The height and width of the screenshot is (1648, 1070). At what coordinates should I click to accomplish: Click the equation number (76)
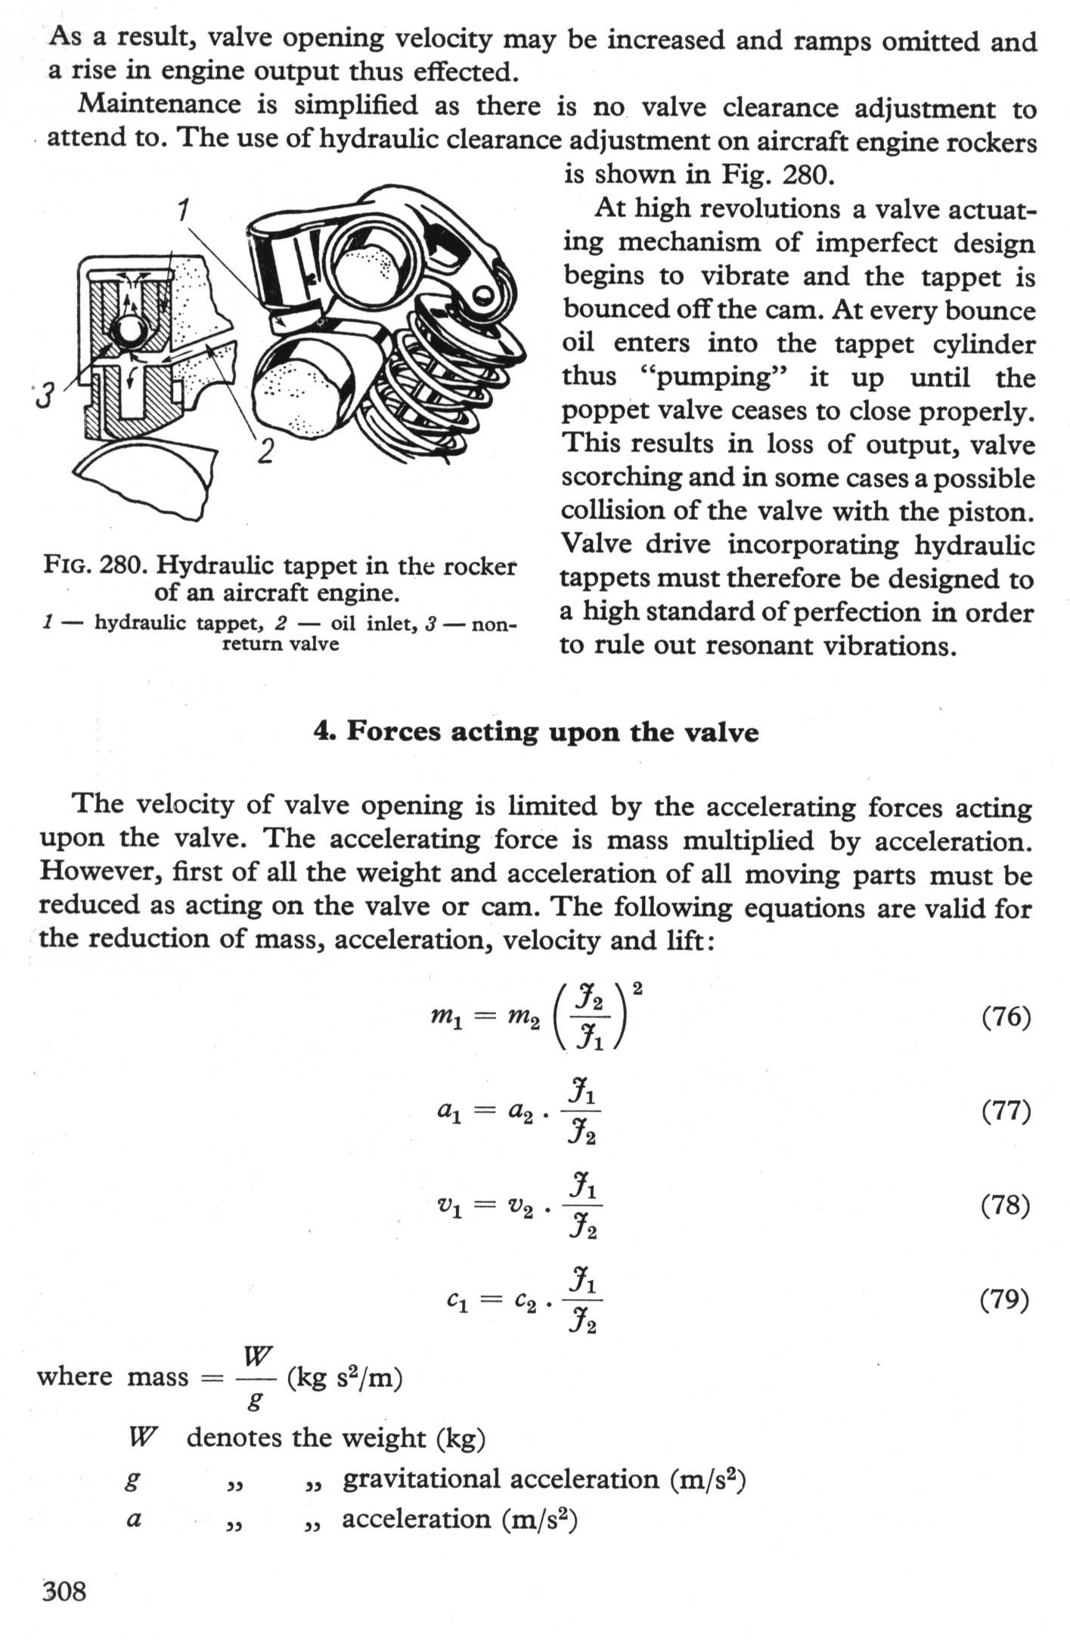click(x=1006, y=1017)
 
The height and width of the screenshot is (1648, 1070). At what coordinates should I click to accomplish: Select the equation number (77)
click(x=1006, y=1111)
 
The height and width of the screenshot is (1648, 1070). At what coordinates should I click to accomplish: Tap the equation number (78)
click(x=1005, y=1205)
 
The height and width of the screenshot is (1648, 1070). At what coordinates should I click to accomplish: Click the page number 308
click(x=64, y=1591)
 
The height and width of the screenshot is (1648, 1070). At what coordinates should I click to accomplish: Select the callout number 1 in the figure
click(x=183, y=209)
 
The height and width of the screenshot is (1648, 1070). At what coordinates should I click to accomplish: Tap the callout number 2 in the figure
click(x=265, y=451)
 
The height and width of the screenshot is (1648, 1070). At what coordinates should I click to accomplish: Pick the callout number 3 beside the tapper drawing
click(x=45, y=395)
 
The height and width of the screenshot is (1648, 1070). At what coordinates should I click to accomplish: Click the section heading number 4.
click(x=324, y=732)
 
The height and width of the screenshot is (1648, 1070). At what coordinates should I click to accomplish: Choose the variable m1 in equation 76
click(x=446, y=1018)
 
